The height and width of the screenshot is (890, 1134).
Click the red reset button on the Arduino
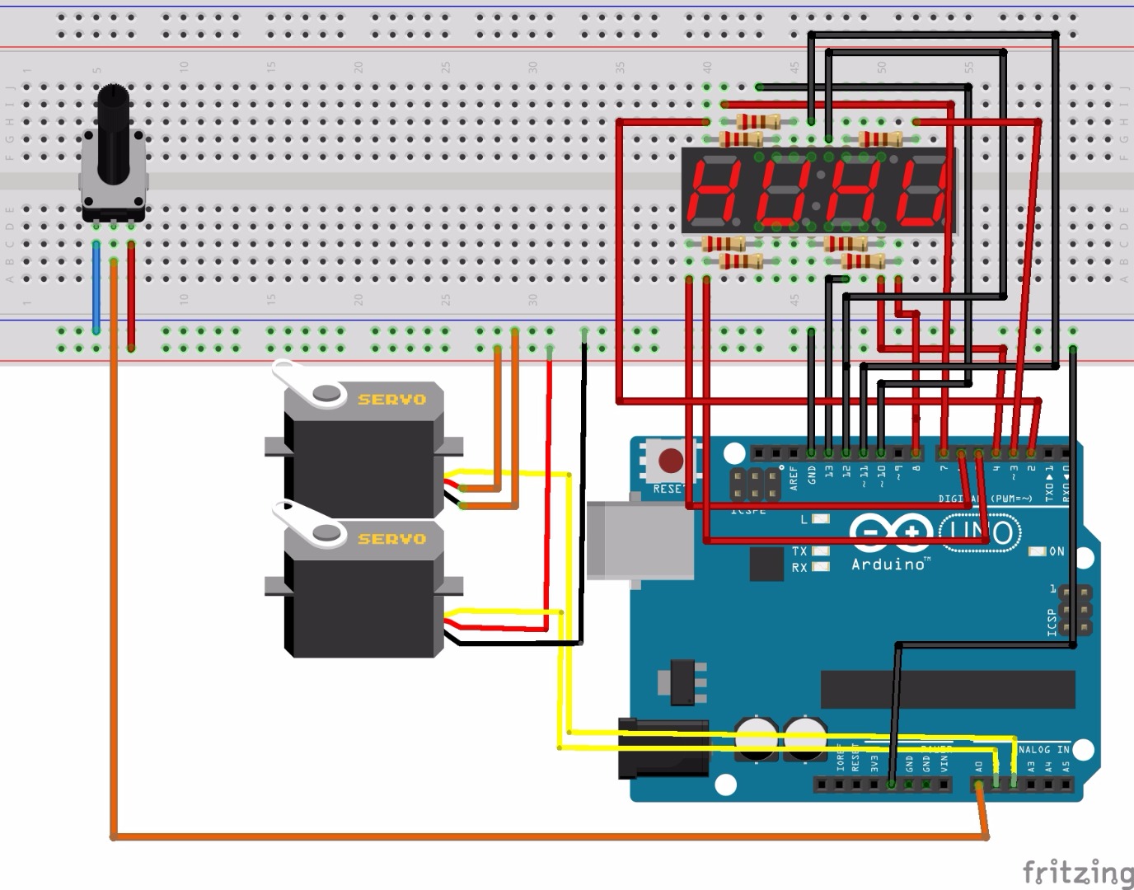click(x=671, y=460)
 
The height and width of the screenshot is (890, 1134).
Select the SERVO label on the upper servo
click(x=391, y=400)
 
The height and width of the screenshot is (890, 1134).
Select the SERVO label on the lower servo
click(x=391, y=539)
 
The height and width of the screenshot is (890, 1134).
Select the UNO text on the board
click(x=977, y=532)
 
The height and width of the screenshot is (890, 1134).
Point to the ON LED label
click(x=1056, y=551)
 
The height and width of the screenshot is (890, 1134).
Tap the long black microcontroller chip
click(x=948, y=689)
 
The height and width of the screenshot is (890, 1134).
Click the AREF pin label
click(x=794, y=478)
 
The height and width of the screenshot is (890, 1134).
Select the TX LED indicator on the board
click(x=820, y=550)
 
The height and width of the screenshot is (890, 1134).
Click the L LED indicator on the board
click(x=820, y=519)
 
